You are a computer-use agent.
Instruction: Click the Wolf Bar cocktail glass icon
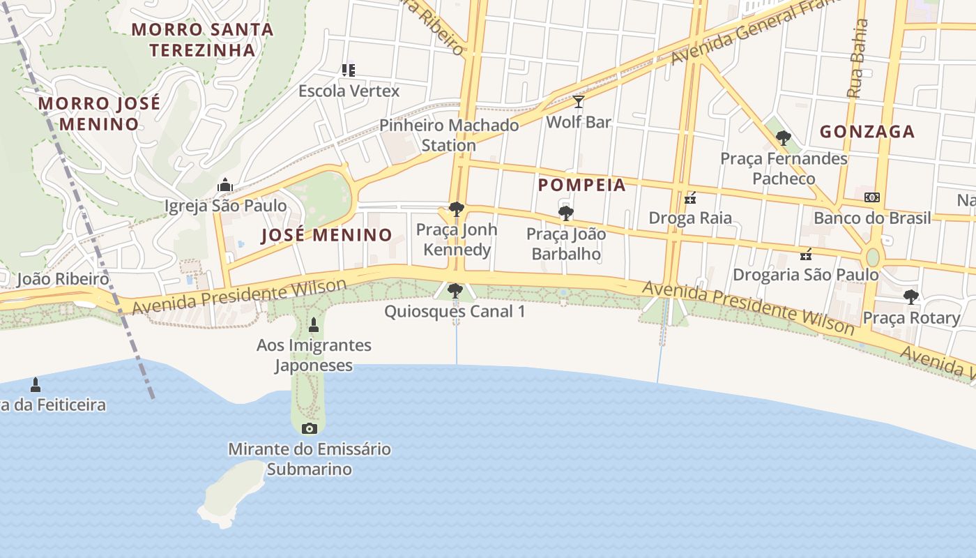point(579,103)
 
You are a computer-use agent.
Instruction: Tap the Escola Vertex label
point(349,91)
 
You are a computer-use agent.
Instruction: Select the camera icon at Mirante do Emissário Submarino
point(310,428)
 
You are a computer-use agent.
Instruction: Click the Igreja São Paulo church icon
point(224,186)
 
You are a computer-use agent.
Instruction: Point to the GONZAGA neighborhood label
point(867,131)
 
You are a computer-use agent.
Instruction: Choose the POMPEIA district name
point(582,185)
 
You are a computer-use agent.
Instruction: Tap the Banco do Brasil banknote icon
point(871,197)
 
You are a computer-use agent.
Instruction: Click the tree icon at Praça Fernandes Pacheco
point(784,138)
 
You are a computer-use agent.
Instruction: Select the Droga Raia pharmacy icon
point(690,199)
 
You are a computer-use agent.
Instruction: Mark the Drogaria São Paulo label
point(806,274)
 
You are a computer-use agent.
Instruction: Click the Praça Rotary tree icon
point(910,297)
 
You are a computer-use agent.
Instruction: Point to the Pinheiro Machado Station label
point(449,135)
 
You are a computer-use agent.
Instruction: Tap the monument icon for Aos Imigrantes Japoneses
point(314,324)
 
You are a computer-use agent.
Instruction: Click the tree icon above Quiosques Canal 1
point(455,290)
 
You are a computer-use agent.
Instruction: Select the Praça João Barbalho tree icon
point(565,213)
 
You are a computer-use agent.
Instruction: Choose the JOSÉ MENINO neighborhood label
point(326,235)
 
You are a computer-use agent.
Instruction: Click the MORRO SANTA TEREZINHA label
point(202,40)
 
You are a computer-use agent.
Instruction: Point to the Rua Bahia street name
point(857,59)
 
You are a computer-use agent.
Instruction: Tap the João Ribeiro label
point(63,279)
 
